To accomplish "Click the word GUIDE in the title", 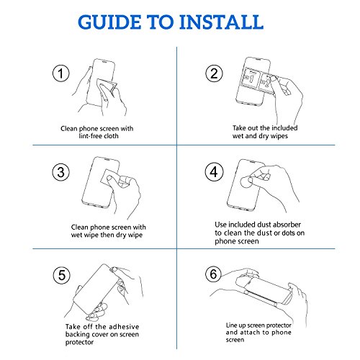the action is click(x=109, y=22).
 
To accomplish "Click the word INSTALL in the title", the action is click(x=221, y=22).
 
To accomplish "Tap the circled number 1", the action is click(x=61, y=73).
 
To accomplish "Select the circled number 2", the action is click(x=214, y=73).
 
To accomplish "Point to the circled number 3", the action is click(x=61, y=172).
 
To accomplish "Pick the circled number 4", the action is click(x=214, y=172).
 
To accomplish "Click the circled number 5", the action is click(x=62, y=275).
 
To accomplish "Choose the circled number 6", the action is click(x=213, y=274).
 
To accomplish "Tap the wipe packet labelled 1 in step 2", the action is click(x=251, y=78).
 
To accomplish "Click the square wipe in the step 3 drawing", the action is click(x=110, y=177).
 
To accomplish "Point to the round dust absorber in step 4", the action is click(x=246, y=183).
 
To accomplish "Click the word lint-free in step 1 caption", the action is click(x=90, y=136).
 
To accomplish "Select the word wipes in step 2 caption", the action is click(x=279, y=136).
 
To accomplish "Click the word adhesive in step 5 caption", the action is click(x=123, y=327).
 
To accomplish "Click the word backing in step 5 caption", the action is click(x=76, y=335).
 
